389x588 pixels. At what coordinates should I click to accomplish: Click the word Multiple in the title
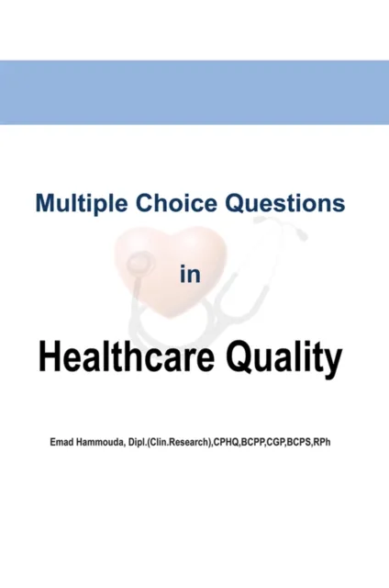(77, 203)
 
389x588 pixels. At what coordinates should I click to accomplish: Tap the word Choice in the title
(165, 203)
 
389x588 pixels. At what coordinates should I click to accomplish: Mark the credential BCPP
(280, 444)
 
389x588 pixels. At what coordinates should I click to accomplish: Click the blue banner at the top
(194, 92)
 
